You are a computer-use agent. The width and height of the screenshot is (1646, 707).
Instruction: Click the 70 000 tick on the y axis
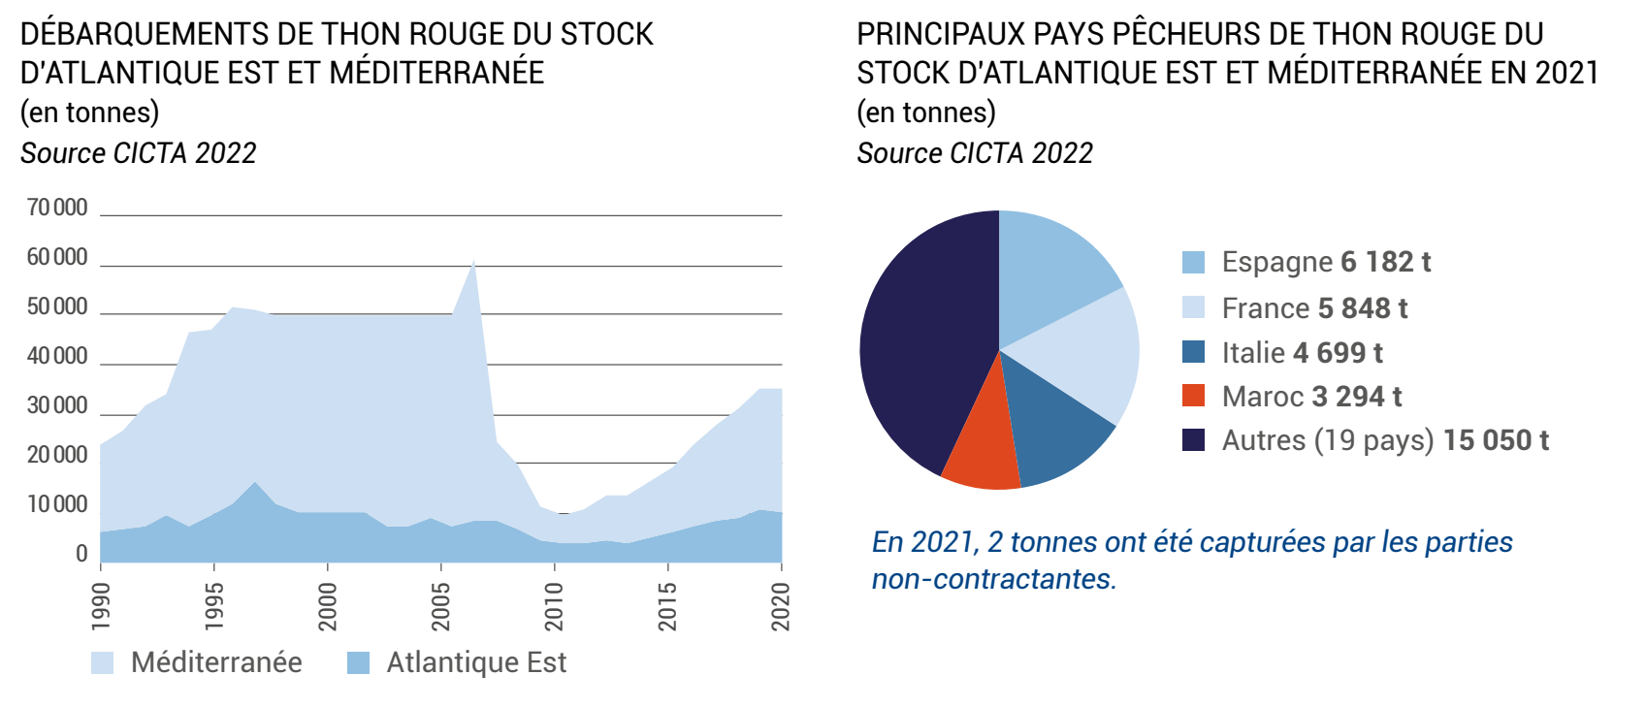(57, 208)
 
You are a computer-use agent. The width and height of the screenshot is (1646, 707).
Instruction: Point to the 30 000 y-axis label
(57, 405)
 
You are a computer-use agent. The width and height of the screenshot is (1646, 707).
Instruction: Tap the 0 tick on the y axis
(81, 554)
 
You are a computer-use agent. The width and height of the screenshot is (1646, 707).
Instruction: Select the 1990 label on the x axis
(101, 607)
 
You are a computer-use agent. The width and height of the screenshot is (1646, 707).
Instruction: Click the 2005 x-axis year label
(441, 607)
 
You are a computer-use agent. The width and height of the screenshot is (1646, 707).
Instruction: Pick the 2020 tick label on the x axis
(781, 607)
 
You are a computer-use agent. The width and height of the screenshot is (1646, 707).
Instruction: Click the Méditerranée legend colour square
(102, 662)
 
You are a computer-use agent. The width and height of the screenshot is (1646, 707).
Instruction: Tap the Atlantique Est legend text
(476, 662)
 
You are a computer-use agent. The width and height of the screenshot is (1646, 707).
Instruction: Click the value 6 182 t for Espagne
(1385, 262)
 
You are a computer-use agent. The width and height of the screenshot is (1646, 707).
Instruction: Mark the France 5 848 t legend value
(1362, 308)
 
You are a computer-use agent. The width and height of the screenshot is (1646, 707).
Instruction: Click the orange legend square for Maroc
(1193, 396)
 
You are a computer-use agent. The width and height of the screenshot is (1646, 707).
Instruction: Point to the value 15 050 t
(1496, 440)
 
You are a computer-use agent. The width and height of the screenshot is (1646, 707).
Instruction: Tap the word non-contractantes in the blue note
(993, 579)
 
